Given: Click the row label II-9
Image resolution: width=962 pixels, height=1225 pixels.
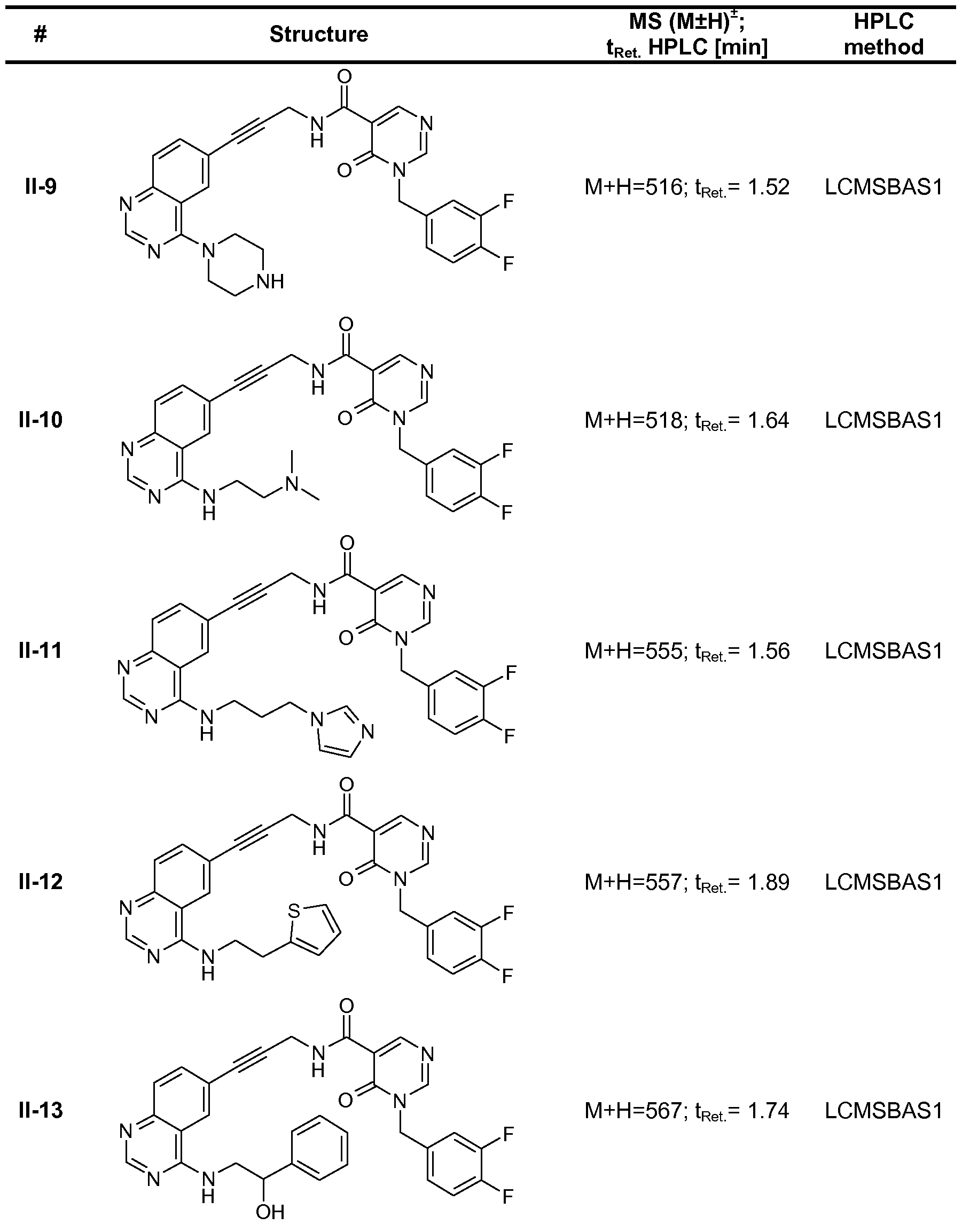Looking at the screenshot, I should pyautogui.click(x=41, y=187).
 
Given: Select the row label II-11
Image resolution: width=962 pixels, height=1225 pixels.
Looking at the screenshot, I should pyautogui.click(x=41, y=651).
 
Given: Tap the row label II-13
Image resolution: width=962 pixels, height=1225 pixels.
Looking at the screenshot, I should pyautogui.click(x=41, y=1111).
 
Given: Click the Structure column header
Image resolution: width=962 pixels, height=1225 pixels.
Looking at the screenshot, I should pyautogui.click(x=319, y=34).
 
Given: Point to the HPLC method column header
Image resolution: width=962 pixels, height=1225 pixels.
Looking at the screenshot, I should pyautogui.click(x=883, y=34).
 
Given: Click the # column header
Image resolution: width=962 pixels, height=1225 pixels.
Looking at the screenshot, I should pyautogui.click(x=40, y=35).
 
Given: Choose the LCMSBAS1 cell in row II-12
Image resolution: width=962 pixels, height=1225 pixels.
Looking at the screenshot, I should pyautogui.click(x=883, y=882).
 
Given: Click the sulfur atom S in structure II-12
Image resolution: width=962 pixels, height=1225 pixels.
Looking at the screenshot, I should pyautogui.click(x=294, y=910).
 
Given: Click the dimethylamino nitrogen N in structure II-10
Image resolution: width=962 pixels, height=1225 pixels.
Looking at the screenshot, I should pyautogui.click(x=292, y=484).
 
